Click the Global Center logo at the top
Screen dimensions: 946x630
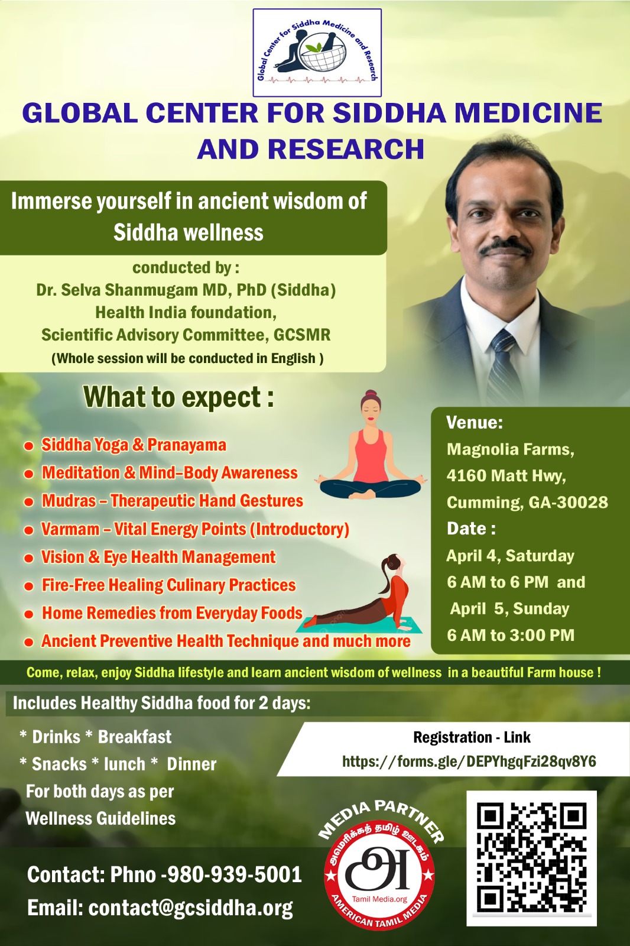click(317, 53)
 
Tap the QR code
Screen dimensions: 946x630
click(531, 857)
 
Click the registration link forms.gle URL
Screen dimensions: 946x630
click(469, 762)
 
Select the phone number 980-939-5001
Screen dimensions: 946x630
click(235, 874)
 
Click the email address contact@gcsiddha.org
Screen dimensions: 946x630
click(190, 908)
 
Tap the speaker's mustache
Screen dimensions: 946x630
click(505, 246)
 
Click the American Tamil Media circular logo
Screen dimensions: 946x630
click(379, 867)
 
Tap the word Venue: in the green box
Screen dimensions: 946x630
click(475, 422)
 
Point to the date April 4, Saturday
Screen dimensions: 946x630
click(510, 556)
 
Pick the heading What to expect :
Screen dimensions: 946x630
click(178, 397)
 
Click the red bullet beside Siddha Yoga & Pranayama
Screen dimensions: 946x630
click(28, 446)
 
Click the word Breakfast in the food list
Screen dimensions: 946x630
click(135, 737)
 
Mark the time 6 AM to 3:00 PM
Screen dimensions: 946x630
click(511, 635)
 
